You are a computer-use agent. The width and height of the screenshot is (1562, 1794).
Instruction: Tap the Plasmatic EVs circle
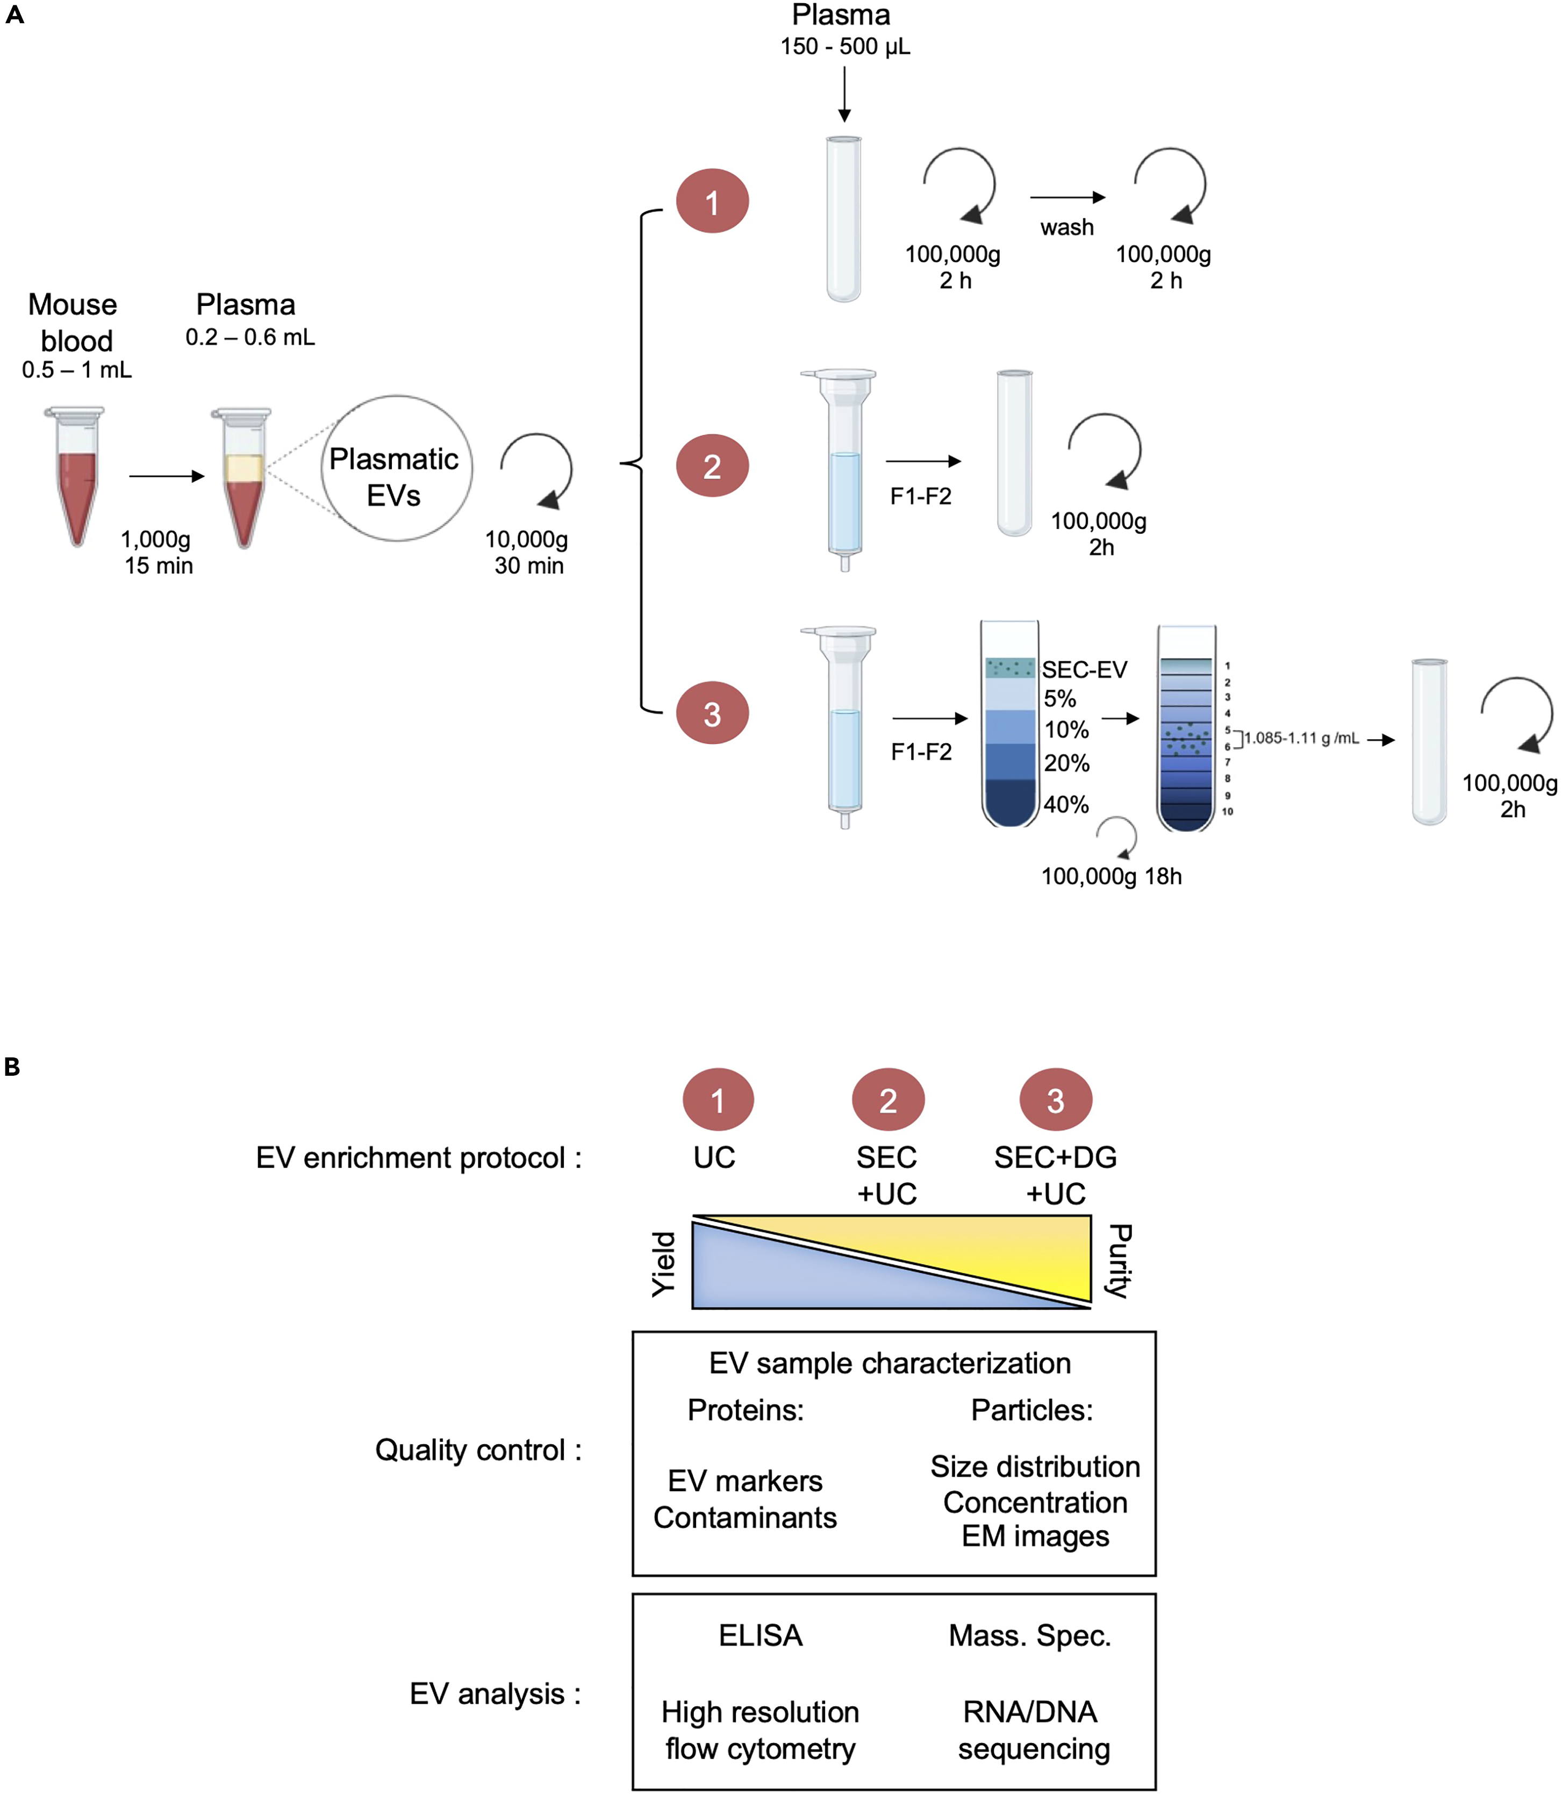point(397,469)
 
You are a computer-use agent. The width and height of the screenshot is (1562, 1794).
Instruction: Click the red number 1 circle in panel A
point(712,202)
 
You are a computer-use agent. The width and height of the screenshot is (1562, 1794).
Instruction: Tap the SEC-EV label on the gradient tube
point(1084,669)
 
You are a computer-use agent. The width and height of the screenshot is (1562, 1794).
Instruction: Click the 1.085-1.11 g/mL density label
point(1301,738)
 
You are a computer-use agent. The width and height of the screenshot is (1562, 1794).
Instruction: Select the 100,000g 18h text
point(1112,876)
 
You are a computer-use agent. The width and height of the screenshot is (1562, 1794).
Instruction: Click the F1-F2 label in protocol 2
point(920,496)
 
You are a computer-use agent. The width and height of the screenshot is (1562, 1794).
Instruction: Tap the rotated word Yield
point(664,1263)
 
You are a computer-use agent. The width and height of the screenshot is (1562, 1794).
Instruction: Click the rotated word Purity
point(1119,1261)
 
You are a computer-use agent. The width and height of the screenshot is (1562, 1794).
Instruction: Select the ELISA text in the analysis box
point(760,1635)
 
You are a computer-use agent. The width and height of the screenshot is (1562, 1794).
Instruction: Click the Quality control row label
point(478,1450)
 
